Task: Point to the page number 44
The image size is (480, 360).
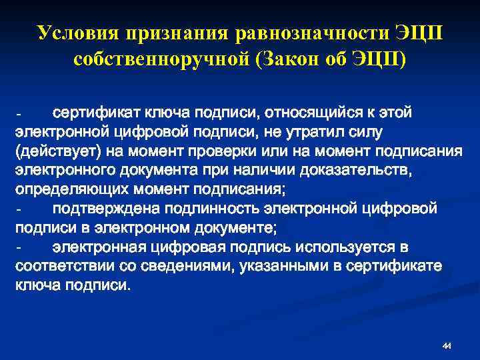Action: click(447, 345)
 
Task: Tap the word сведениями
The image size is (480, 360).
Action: click(189, 267)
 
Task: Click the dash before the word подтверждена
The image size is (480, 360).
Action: click(20, 209)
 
